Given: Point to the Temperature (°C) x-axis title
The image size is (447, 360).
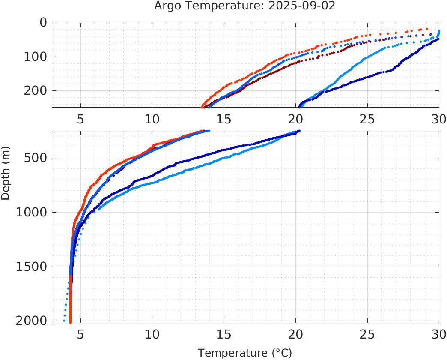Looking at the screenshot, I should pos(244,353).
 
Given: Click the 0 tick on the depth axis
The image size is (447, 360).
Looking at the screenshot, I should pos(43,23).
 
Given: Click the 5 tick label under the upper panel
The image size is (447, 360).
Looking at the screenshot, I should pos(80,119).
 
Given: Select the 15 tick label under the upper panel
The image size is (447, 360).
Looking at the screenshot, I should pos(224,119).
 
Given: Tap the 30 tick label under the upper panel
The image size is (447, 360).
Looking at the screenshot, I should pos(438,119).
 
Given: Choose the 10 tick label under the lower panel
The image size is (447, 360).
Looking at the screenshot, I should pos(152,333).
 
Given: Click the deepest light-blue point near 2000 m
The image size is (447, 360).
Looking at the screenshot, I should pos(64,321).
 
